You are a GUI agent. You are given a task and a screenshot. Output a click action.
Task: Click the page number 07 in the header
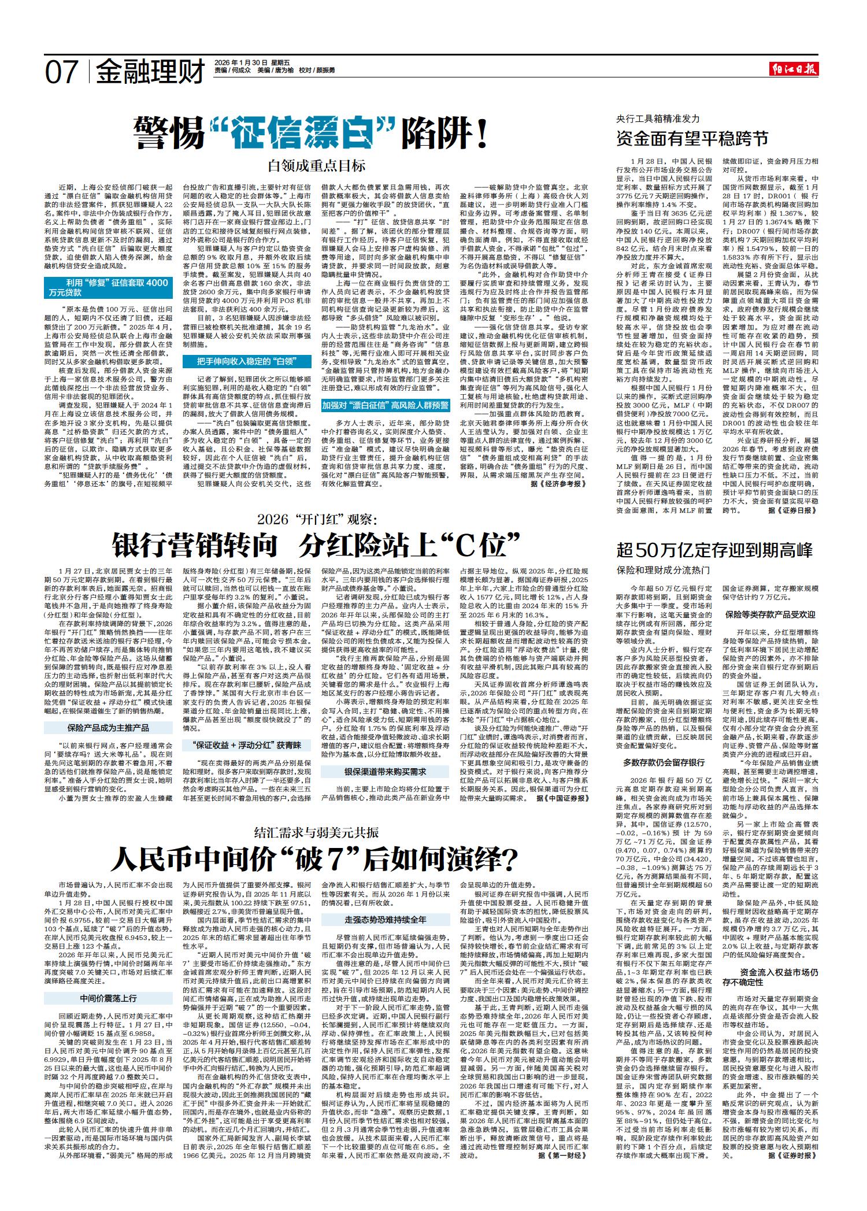(61, 72)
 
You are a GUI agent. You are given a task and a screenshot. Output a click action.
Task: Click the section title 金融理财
(150, 72)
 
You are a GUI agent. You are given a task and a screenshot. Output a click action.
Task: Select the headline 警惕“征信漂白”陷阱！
(312, 134)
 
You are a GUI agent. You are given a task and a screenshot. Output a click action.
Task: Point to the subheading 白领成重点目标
(316, 166)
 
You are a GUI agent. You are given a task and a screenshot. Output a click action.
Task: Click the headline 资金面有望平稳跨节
(692, 139)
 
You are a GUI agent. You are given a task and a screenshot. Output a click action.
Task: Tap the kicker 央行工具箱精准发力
(658, 118)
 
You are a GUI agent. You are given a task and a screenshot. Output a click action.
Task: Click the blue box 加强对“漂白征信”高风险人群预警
(386, 406)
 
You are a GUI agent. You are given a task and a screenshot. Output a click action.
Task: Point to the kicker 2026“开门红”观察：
(317, 519)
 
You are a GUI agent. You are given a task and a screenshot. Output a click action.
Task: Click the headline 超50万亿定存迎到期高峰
(714, 550)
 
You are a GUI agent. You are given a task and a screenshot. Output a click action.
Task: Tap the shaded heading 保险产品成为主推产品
(108, 727)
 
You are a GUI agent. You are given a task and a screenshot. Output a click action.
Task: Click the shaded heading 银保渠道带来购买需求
(385, 772)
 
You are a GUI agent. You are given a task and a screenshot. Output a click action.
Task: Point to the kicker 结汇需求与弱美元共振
(316, 832)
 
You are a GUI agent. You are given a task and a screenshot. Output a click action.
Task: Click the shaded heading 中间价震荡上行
(108, 998)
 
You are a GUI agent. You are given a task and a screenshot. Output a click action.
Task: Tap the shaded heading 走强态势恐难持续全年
(385, 920)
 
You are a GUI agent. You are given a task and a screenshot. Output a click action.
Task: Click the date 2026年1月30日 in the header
(240, 62)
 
